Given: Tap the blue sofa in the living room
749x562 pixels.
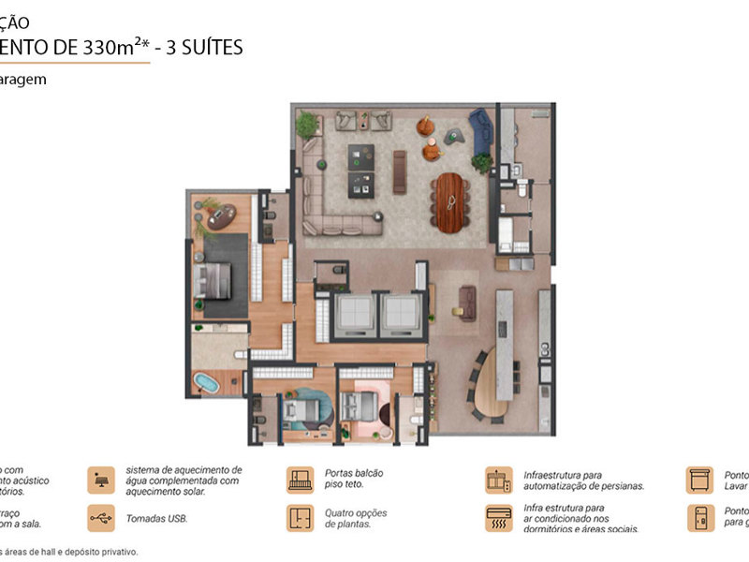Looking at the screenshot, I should [x=480, y=130].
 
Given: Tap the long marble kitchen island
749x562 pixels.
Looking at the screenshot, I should [x=506, y=342].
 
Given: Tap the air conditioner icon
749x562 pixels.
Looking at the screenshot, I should [x=498, y=518].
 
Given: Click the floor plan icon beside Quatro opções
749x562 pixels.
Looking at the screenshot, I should [x=300, y=518].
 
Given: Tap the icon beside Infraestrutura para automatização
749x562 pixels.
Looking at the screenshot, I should [x=498, y=480].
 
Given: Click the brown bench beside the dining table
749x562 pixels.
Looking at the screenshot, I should [x=400, y=171].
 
